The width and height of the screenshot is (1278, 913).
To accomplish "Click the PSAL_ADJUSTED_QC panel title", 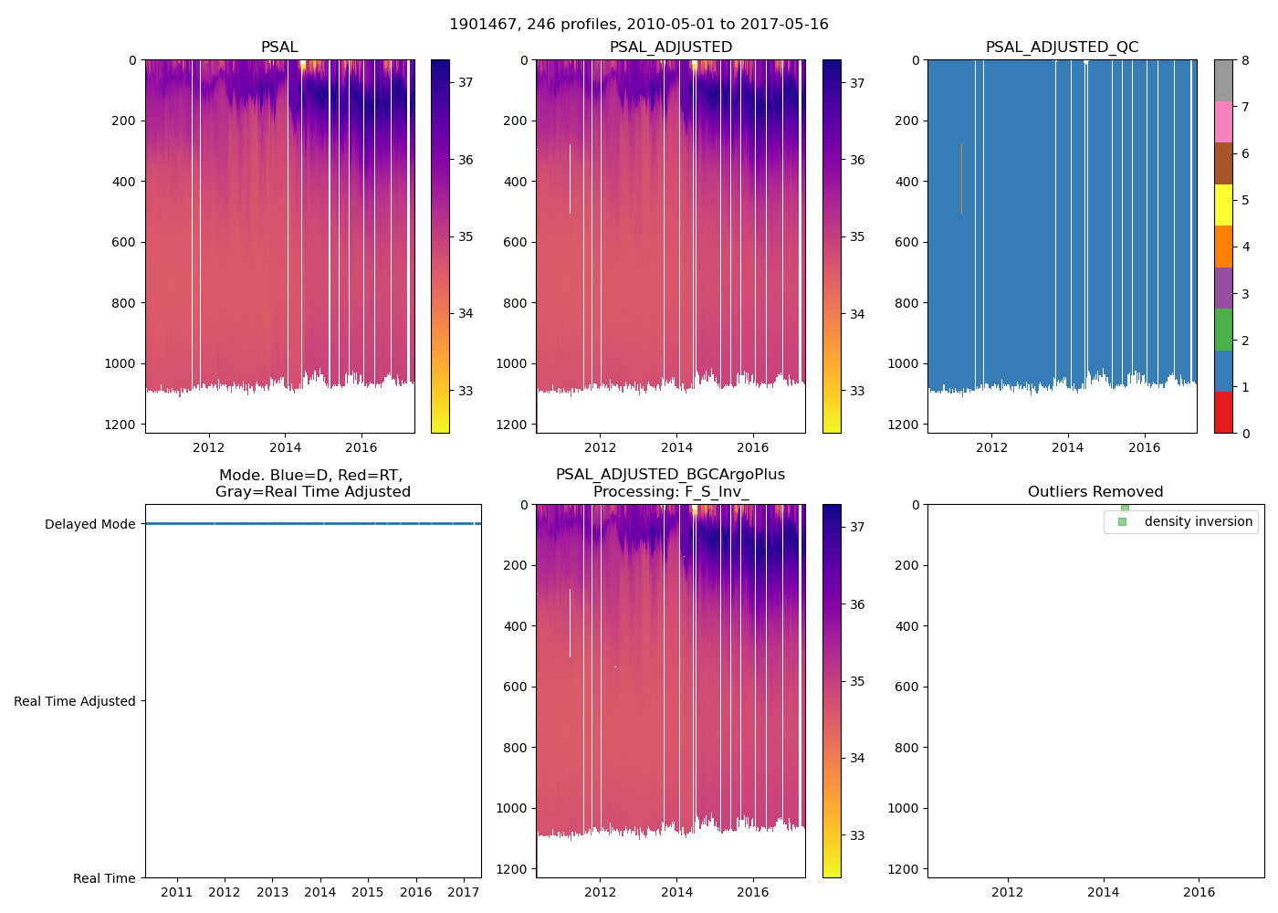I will pos(1062,47).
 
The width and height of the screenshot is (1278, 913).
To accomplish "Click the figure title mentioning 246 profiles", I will pos(639,25).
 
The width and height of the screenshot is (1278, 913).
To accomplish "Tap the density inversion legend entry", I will pos(1198,521).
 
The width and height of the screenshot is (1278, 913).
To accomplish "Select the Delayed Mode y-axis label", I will pos(89,524).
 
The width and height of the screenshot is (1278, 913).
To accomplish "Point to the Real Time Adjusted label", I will pos(74,701).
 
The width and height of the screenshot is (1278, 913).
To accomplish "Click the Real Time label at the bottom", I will pos(104,878).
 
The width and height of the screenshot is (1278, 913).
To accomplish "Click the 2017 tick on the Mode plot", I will pos(464,892).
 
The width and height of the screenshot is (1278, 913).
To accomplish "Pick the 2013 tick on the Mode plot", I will pos(272,892).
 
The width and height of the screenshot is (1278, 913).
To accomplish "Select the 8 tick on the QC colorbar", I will pos(1245,60).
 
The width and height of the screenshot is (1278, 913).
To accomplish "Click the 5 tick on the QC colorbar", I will pos(1245,200).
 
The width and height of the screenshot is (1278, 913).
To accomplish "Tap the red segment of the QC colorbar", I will pos(1223,413).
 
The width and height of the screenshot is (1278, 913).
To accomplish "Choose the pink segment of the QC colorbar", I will pos(1223,122).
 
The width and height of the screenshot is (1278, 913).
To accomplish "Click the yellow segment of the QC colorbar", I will pos(1223,205).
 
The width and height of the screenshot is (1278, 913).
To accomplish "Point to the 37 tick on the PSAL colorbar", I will pos(466,82).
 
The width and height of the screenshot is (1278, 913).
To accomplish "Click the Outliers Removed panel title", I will pos(1095,492).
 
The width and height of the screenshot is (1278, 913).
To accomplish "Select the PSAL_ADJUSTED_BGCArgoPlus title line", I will pos(670,475).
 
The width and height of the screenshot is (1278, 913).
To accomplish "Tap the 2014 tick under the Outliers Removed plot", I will pos(1103,892).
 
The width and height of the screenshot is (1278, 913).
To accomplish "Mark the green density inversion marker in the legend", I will pos(1122,521).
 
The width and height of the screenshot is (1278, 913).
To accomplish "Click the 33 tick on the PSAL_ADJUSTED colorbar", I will pos(857,391).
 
